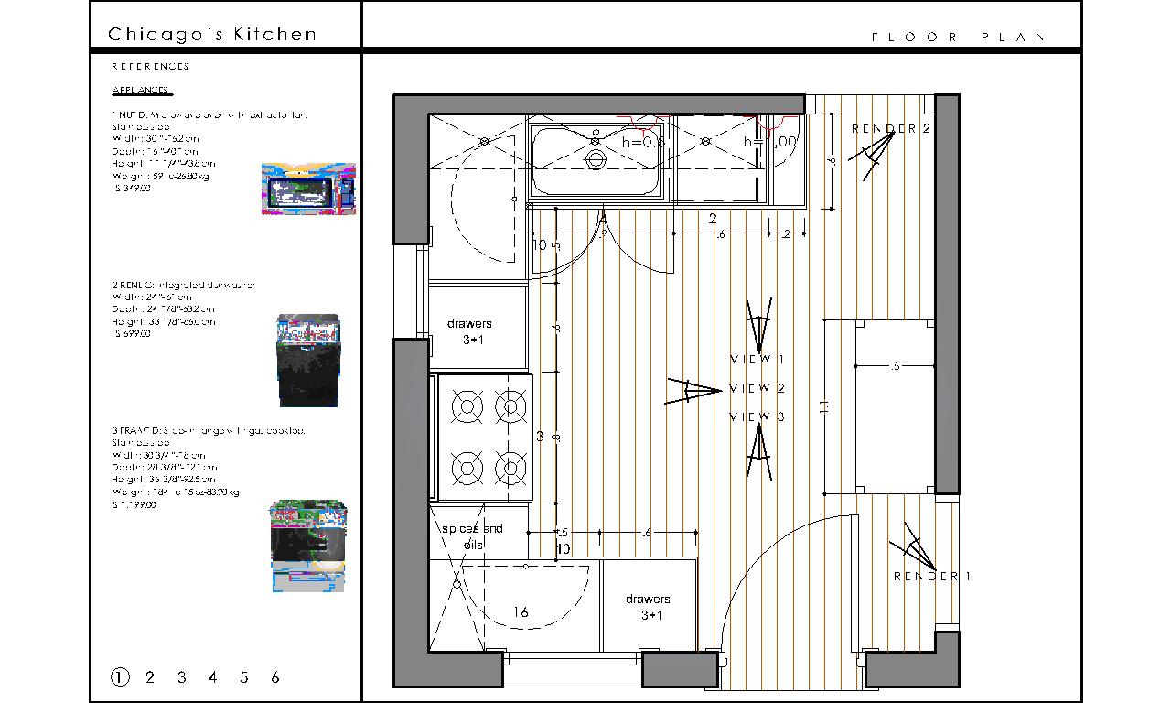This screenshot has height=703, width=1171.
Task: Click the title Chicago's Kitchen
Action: (x=212, y=35)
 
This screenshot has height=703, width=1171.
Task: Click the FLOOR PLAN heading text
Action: (x=957, y=38)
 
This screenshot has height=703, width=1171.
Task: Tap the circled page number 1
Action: (x=120, y=677)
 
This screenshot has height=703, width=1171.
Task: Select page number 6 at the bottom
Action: (x=275, y=677)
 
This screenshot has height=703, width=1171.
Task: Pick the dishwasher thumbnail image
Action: (x=309, y=361)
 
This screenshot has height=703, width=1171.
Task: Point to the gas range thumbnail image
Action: (x=308, y=545)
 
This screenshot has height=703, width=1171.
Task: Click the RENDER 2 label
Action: (x=890, y=129)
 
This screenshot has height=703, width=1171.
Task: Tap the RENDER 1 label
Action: (x=931, y=576)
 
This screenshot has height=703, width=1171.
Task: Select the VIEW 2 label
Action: (x=757, y=388)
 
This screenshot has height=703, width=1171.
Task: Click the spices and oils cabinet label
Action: (x=473, y=536)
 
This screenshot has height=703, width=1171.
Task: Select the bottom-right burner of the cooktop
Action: (x=510, y=469)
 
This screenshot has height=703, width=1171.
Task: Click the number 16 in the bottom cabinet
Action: (x=521, y=612)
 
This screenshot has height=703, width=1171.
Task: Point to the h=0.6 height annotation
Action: (x=642, y=142)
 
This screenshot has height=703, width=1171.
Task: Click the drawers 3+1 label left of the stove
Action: (x=470, y=331)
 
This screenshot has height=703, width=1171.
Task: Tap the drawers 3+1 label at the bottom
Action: (x=649, y=607)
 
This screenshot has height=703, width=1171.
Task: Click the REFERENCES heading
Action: (x=150, y=67)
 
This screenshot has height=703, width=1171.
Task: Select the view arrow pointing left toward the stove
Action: (x=693, y=391)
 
